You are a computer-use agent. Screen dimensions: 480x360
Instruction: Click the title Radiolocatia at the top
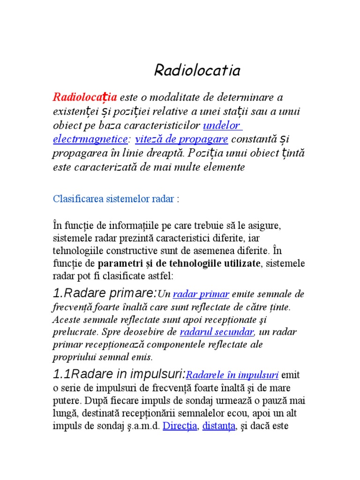pos(197,70)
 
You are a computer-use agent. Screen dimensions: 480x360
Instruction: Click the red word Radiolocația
pos(85,97)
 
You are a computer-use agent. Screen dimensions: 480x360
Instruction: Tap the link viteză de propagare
pos(181,139)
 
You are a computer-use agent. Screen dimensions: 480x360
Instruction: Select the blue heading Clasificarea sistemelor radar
pos(113,199)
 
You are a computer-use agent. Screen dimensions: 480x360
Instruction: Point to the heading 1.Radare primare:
pos(105,294)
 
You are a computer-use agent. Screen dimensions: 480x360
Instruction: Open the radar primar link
pos(201,294)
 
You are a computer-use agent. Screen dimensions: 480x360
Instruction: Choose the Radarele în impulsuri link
pos(232,375)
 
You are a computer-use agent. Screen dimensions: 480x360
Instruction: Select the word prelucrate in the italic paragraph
pos(72,332)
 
